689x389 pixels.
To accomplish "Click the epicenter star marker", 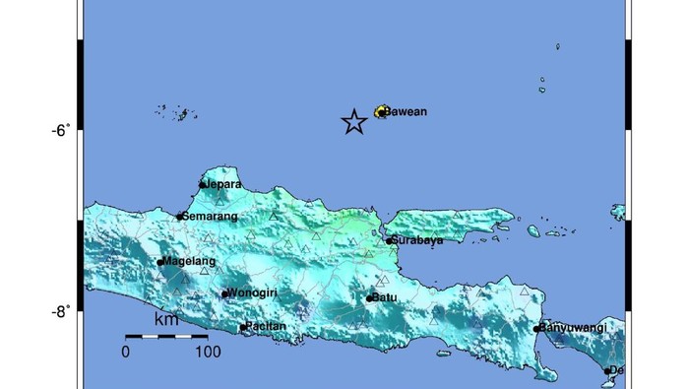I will click(354, 121).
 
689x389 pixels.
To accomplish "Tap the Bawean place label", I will click(405, 111).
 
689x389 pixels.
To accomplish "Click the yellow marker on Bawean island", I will click(380, 112).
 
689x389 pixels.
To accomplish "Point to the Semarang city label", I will click(209, 216).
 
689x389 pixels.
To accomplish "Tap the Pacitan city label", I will click(267, 326).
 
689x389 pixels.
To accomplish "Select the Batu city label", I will click(383, 297).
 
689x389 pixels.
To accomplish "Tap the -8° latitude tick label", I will click(61, 311).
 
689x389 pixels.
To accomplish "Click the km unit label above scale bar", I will click(166, 320).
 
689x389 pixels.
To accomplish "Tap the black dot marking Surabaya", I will click(390, 239).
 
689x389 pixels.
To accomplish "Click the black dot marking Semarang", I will click(180, 217).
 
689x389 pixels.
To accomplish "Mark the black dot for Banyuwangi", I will click(537, 329).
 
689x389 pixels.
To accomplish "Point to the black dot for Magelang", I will click(160, 262).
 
